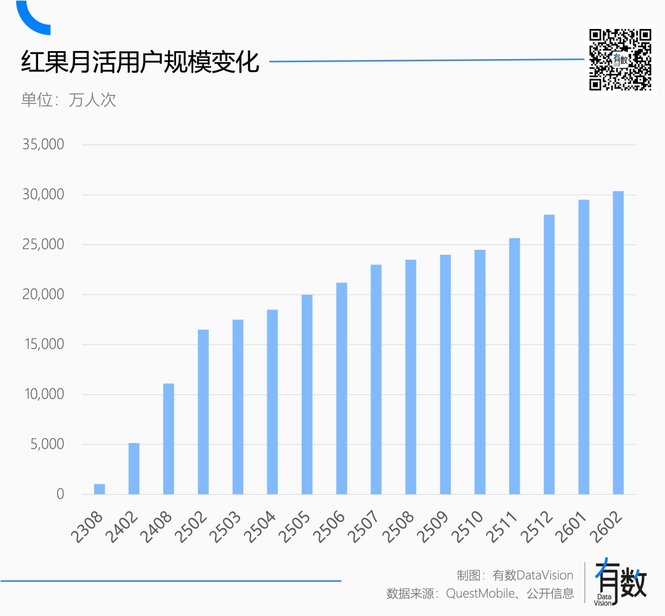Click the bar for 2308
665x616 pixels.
[x=99, y=489]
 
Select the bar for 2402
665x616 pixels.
[x=134, y=468]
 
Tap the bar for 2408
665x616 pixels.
[x=168, y=439]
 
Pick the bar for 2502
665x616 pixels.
[x=203, y=412]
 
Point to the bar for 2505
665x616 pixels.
[x=307, y=394]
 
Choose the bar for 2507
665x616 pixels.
[x=376, y=379]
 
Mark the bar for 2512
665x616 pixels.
[x=549, y=354]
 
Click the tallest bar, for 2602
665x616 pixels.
[x=618, y=343]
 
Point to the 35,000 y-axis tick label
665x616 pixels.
[x=43, y=145]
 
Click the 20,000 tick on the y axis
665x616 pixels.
[x=43, y=295]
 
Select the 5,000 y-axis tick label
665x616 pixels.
[x=47, y=444]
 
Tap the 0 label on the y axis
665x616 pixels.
[x=60, y=494]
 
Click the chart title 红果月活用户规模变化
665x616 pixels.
[x=140, y=62]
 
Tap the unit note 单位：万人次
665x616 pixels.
[x=68, y=100]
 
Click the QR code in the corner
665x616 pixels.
[x=620, y=60]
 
